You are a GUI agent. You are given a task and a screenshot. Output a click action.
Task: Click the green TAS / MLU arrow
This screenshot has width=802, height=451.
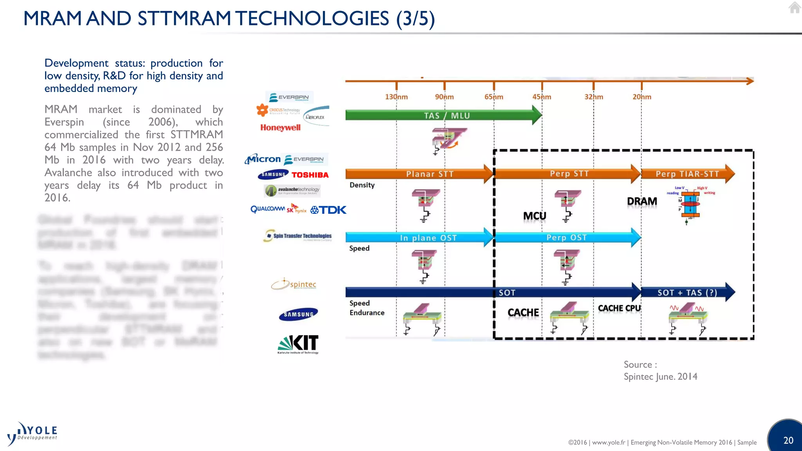click(x=443, y=115)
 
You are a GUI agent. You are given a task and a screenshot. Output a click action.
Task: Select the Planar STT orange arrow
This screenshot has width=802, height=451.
click(x=419, y=174)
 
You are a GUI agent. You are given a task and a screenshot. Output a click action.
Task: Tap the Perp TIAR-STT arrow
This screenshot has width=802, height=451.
click(x=687, y=174)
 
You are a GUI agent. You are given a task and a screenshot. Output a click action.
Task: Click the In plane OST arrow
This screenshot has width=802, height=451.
click(x=419, y=238)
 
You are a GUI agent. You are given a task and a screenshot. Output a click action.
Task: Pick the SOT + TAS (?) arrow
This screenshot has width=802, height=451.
click(x=687, y=292)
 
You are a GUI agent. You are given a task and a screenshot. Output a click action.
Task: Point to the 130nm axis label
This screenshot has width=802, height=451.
click(x=396, y=97)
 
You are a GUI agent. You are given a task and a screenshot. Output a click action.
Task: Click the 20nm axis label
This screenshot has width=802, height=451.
click(x=642, y=97)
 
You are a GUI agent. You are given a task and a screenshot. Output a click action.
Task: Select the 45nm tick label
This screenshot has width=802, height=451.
click(x=542, y=97)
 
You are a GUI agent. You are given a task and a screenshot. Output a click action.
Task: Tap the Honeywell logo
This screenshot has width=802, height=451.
click(x=280, y=128)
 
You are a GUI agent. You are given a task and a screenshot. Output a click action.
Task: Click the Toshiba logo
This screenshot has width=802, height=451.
click(x=310, y=175)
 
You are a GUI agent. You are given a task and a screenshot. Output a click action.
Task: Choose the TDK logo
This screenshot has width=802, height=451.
click(x=329, y=210)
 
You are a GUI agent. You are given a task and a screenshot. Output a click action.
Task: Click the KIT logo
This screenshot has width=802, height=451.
click(x=298, y=344)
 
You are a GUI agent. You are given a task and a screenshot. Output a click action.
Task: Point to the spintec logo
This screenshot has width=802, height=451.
click(x=294, y=285)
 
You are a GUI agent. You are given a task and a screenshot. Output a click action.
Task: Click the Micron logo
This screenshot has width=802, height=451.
click(x=263, y=159)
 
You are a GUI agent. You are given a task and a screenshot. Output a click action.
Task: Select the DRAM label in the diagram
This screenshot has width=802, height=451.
click(x=642, y=201)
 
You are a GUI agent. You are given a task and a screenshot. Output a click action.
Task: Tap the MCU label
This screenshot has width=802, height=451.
click(x=535, y=216)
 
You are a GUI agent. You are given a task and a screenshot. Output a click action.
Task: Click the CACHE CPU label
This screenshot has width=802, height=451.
click(x=619, y=308)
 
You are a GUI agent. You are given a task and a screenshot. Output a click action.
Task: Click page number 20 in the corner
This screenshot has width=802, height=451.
click(x=788, y=440)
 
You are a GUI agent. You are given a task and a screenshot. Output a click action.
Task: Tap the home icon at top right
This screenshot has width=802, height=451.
click(x=794, y=7)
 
